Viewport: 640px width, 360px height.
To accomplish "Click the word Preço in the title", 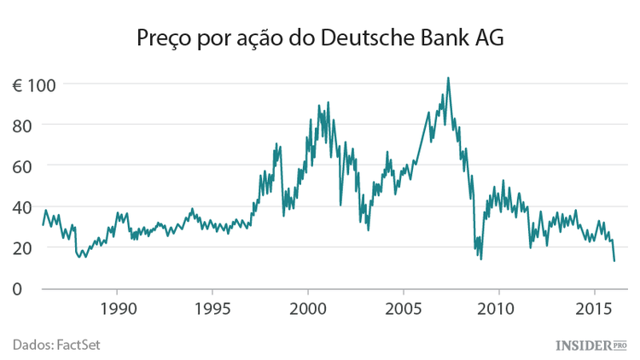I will tap(163, 39).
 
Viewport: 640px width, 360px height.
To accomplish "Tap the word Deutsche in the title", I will tap(364, 39).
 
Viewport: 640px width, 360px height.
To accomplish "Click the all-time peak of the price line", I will tap(448, 78).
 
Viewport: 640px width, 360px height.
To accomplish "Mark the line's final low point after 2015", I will tap(614, 260).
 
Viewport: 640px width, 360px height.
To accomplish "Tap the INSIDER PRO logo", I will tap(591, 345).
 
